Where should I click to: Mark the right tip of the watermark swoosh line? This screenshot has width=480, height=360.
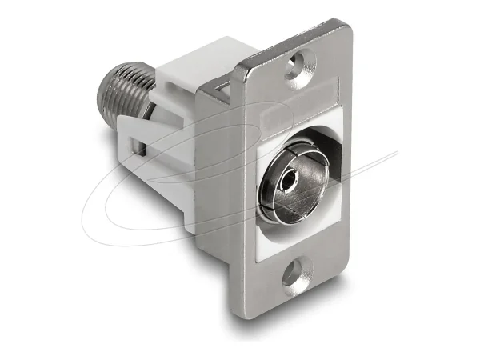(397, 153)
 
